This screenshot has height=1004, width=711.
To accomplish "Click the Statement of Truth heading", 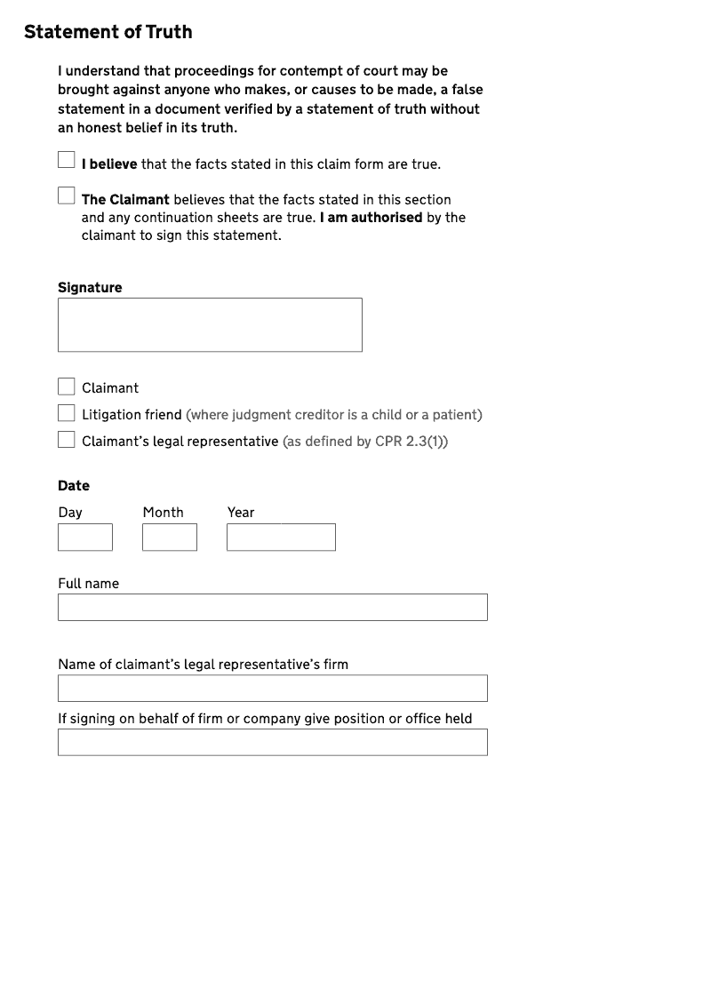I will tap(108, 32).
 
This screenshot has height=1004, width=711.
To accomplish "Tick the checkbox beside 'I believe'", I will tap(67, 160).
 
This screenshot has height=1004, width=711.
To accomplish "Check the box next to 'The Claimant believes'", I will tap(67, 195).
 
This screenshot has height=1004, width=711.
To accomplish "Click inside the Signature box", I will tap(210, 325).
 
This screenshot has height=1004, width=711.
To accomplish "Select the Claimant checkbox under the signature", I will tap(67, 386).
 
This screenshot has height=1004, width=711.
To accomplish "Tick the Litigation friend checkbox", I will tap(67, 413).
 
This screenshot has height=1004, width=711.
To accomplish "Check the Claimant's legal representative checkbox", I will tap(67, 440).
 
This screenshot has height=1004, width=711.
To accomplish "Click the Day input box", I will tap(85, 538).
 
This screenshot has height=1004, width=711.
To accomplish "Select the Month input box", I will tap(170, 538).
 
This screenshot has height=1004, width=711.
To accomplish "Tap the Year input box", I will tap(281, 538).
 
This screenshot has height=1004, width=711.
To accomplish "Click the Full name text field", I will tap(273, 608).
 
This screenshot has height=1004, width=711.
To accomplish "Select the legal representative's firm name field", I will tap(273, 689).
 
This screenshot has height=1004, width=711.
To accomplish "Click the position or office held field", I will tap(273, 743).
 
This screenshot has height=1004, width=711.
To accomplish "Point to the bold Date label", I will tap(74, 486).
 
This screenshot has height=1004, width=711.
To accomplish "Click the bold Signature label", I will tap(90, 288).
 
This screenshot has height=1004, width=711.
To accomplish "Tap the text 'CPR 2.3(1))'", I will tap(411, 442).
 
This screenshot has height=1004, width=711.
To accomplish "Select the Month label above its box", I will tap(163, 513).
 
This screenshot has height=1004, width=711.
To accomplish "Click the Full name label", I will tap(88, 584).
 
